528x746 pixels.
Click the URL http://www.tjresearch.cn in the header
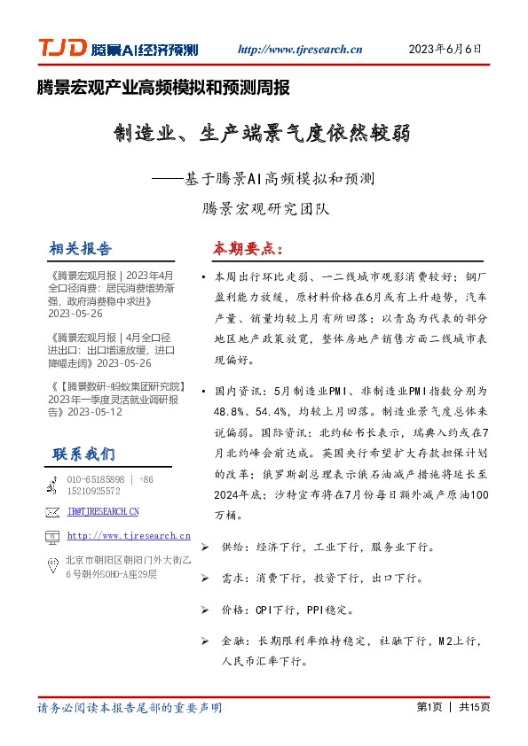coord(300,51)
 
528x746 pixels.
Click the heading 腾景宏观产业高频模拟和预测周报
coord(163,88)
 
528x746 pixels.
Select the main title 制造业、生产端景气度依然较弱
coord(262,136)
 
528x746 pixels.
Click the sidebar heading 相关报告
coord(82,247)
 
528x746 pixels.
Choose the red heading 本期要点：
coord(247,247)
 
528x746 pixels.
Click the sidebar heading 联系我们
coord(83,455)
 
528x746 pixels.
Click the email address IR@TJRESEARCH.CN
coord(103,511)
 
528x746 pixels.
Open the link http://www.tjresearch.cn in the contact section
coord(129,535)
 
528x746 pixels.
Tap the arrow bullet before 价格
coord(207,610)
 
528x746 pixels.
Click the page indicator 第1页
coord(429,707)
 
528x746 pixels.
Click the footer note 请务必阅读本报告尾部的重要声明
coord(130,708)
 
